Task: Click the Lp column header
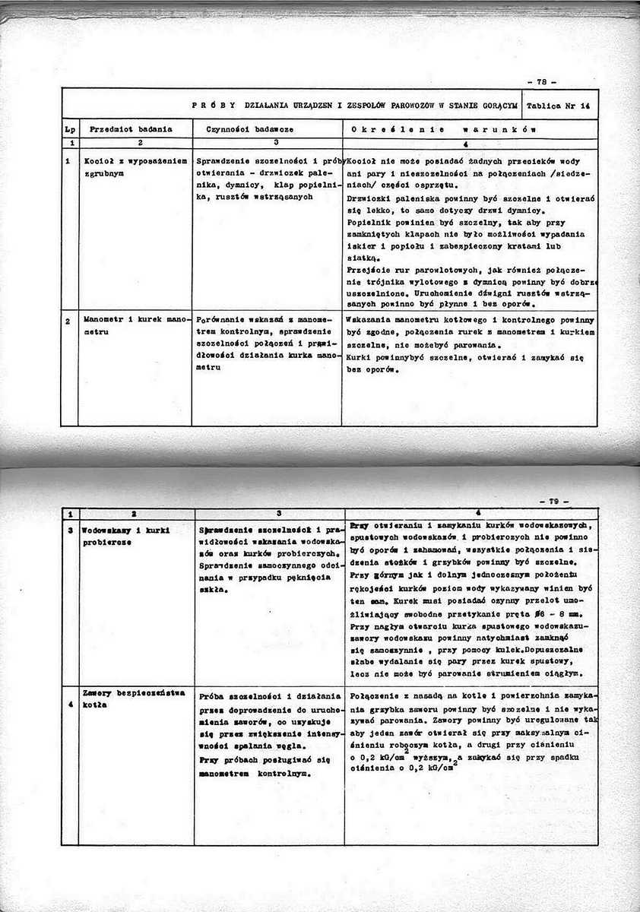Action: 68,129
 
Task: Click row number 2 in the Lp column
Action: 68,321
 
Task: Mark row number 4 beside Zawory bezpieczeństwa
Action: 69,704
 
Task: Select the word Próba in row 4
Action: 213,695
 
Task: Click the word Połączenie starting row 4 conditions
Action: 377,695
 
